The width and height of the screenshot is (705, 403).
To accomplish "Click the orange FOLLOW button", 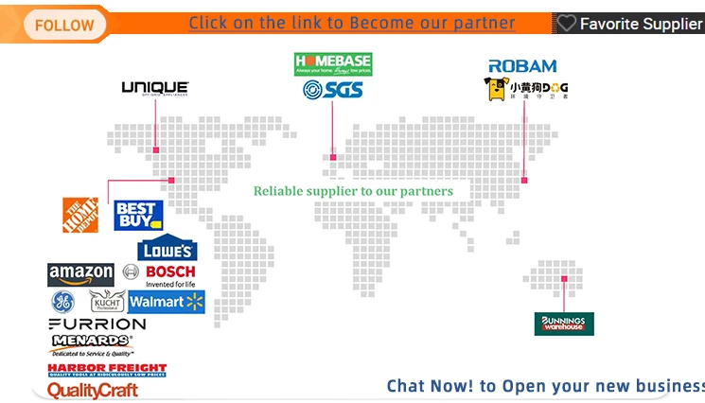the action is pos(64,25).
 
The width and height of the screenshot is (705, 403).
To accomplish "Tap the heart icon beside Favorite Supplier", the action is pos(567,24).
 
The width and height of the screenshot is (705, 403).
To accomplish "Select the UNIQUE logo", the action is pos(155,89).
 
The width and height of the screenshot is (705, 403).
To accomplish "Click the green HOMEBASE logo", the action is pos(333,64).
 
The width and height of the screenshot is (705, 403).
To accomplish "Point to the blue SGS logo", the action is pos(333,90).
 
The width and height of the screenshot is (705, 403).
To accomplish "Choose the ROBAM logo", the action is pos(522,66).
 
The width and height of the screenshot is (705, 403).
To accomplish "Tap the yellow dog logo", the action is pos(525,90).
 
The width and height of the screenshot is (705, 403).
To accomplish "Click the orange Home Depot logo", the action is pos(80,215).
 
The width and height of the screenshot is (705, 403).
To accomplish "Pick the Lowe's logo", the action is pos(167,248).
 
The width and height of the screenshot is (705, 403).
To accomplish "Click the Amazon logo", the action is pos(80,274).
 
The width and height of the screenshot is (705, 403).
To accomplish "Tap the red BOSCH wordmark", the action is pos(171,272).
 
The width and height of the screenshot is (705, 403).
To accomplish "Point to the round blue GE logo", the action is pos(62,302).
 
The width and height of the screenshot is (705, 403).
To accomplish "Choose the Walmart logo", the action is pos(167,302).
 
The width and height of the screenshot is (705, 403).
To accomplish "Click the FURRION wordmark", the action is pos(97,324).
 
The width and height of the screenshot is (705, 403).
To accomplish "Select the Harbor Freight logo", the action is pos(107,370).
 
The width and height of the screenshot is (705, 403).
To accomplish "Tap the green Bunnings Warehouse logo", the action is pos(564,324).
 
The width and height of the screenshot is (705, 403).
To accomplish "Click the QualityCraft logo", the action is pos(93,390).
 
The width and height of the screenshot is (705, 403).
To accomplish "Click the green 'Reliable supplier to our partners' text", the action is pos(353,191).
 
